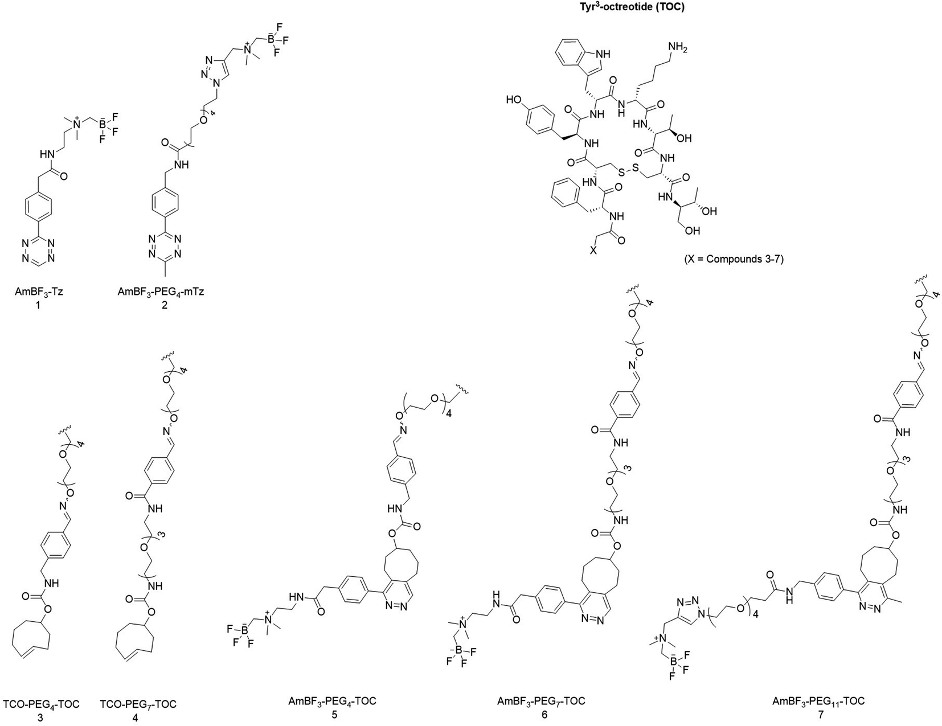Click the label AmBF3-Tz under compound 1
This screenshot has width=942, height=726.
39,292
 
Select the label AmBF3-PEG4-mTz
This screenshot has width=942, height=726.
161,292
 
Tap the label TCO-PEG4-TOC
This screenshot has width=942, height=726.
42,704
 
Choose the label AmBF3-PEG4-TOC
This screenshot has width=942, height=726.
333,702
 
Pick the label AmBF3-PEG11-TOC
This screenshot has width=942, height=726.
818,701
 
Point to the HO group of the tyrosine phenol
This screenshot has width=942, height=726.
514,100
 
